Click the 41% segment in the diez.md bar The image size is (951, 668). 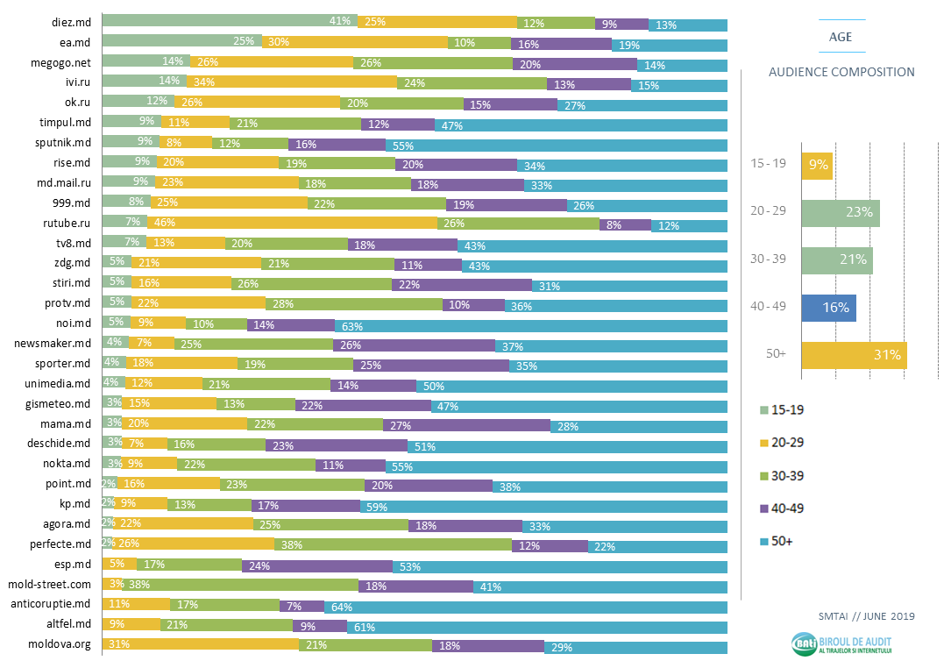coord(230,21)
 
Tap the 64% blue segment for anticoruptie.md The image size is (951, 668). coord(525,605)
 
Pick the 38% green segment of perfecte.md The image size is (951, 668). coord(393,545)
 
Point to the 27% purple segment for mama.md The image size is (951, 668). coord(466,425)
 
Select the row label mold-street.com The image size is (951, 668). coord(49,584)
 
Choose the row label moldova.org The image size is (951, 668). coord(60,645)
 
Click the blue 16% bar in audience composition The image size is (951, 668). coord(828,308)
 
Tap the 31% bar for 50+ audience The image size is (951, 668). coord(854,355)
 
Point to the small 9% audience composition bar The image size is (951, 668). coord(817,165)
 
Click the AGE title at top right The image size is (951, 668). coord(841,37)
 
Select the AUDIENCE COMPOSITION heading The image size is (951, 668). coord(841,73)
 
